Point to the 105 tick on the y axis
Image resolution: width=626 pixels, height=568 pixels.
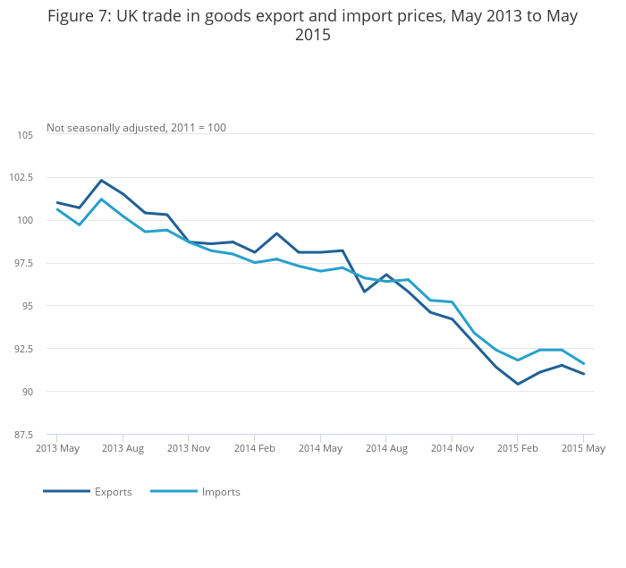(x=25, y=135)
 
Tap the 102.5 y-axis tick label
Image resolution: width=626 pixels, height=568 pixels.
(x=21, y=178)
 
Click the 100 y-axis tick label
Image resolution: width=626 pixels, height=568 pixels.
(x=25, y=221)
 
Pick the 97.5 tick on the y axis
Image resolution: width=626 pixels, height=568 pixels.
(x=23, y=264)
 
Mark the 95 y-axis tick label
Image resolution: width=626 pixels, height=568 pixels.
(x=27, y=306)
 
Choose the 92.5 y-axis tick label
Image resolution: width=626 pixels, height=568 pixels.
(x=23, y=349)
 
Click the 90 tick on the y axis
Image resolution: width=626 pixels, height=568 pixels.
(x=27, y=392)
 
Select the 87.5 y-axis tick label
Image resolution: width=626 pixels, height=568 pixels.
(x=23, y=435)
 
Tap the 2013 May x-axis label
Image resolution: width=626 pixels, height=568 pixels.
(x=57, y=448)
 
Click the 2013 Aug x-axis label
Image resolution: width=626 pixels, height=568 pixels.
(x=123, y=448)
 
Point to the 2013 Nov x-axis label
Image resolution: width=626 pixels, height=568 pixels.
(x=189, y=448)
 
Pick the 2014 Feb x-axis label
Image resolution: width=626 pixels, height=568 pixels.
(x=254, y=448)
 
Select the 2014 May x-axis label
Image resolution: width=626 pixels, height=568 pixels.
(x=320, y=448)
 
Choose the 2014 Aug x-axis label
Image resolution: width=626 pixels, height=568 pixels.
(x=385, y=448)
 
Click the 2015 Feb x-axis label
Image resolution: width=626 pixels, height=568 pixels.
(x=517, y=448)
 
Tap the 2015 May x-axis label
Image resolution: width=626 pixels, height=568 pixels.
(x=583, y=448)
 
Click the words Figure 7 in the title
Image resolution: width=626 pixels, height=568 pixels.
(x=78, y=16)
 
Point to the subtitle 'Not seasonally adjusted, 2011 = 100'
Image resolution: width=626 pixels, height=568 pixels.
(x=136, y=128)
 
